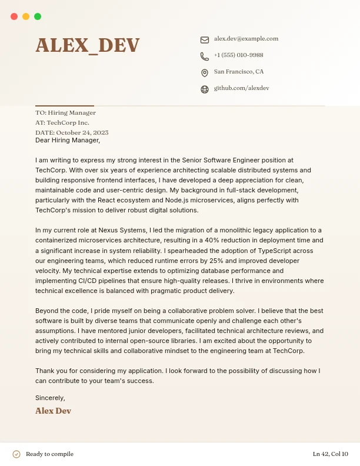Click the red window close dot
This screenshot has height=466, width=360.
pos(14,16)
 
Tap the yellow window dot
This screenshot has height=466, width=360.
pos(26,16)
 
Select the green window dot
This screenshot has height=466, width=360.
pos(38,16)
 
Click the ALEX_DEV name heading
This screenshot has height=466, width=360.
pos(88,45)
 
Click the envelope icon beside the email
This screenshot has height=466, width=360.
pos(205,40)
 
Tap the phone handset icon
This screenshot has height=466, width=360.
pos(205,56)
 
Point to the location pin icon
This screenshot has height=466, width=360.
pos(205,73)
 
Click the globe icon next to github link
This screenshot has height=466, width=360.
pos(205,89)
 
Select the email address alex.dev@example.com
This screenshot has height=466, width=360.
pos(246,39)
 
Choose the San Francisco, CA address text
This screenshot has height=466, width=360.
pos(238,72)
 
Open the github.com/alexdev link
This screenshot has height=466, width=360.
pos(241,88)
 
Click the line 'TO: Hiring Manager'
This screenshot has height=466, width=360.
pos(65,112)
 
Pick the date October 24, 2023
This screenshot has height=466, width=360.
pos(82,133)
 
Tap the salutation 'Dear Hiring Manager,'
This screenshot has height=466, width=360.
pos(68,141)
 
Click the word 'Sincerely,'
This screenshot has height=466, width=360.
pos(50,398)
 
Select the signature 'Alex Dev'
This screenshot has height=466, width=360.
pos(53,411)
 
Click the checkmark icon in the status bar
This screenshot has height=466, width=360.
pos(16,454)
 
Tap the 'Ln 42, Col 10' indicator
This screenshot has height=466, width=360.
pos(330,454)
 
